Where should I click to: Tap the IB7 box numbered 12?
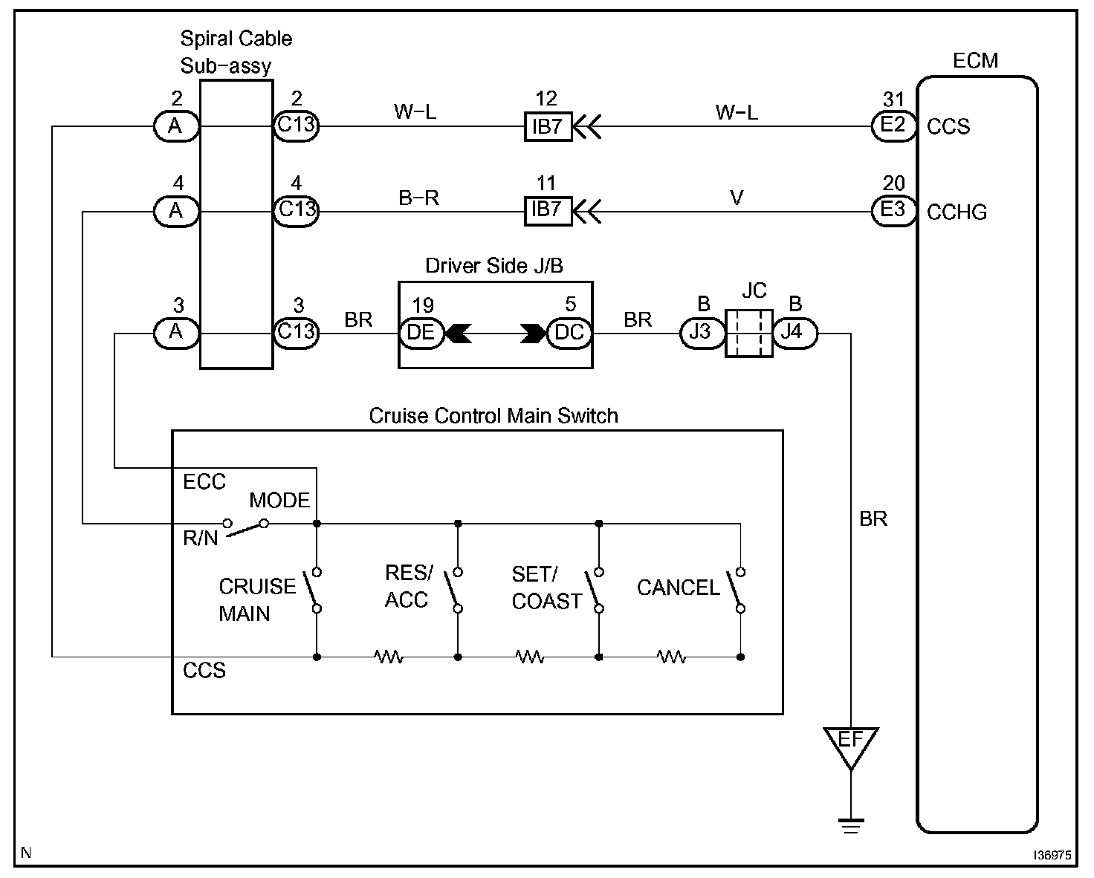[x=548, y=126]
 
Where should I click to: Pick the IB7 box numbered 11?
[x=548, y=211]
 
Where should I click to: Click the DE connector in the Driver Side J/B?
[x=421, y=334]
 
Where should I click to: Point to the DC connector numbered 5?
[x=569, y=334]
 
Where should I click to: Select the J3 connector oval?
[x=702, y=334]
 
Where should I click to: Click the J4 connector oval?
[x=795, y=334]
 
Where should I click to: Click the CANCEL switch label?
[x=678, y=588]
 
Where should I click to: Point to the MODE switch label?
[x=279, y=501]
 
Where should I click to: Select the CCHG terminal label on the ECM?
[x=957, y=212]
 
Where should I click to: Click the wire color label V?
[x=737, y=198]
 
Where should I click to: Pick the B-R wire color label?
[x=418, y=198]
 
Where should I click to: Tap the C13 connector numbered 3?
[x=297, y=334]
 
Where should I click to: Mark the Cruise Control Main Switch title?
[x=493, y=416]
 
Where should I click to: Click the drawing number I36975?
[x=1052, y=855]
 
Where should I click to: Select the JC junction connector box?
[x=749, y=334]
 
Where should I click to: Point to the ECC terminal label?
[x=204, y=481]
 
